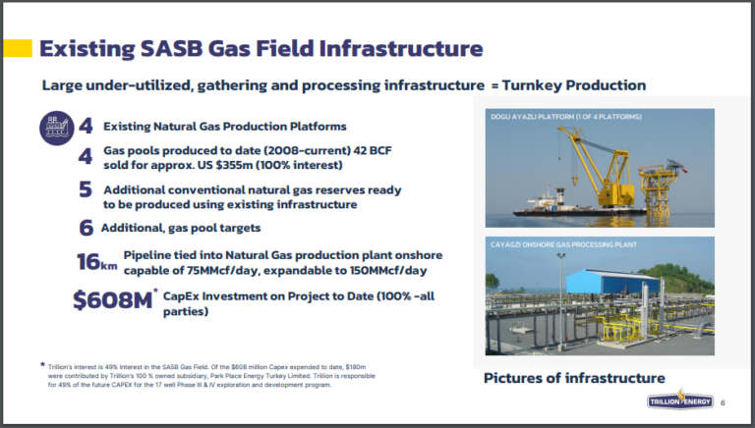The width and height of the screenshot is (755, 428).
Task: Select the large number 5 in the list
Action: pos(86,189)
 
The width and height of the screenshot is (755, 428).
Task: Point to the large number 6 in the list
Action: pos(87,227)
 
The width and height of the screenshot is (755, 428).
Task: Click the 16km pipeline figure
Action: pos(95,262)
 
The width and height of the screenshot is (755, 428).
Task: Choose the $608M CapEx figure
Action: pos(112,299)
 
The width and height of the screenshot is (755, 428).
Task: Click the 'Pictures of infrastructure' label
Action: pos(574,378)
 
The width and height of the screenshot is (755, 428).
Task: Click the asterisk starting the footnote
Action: pos(41,364)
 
